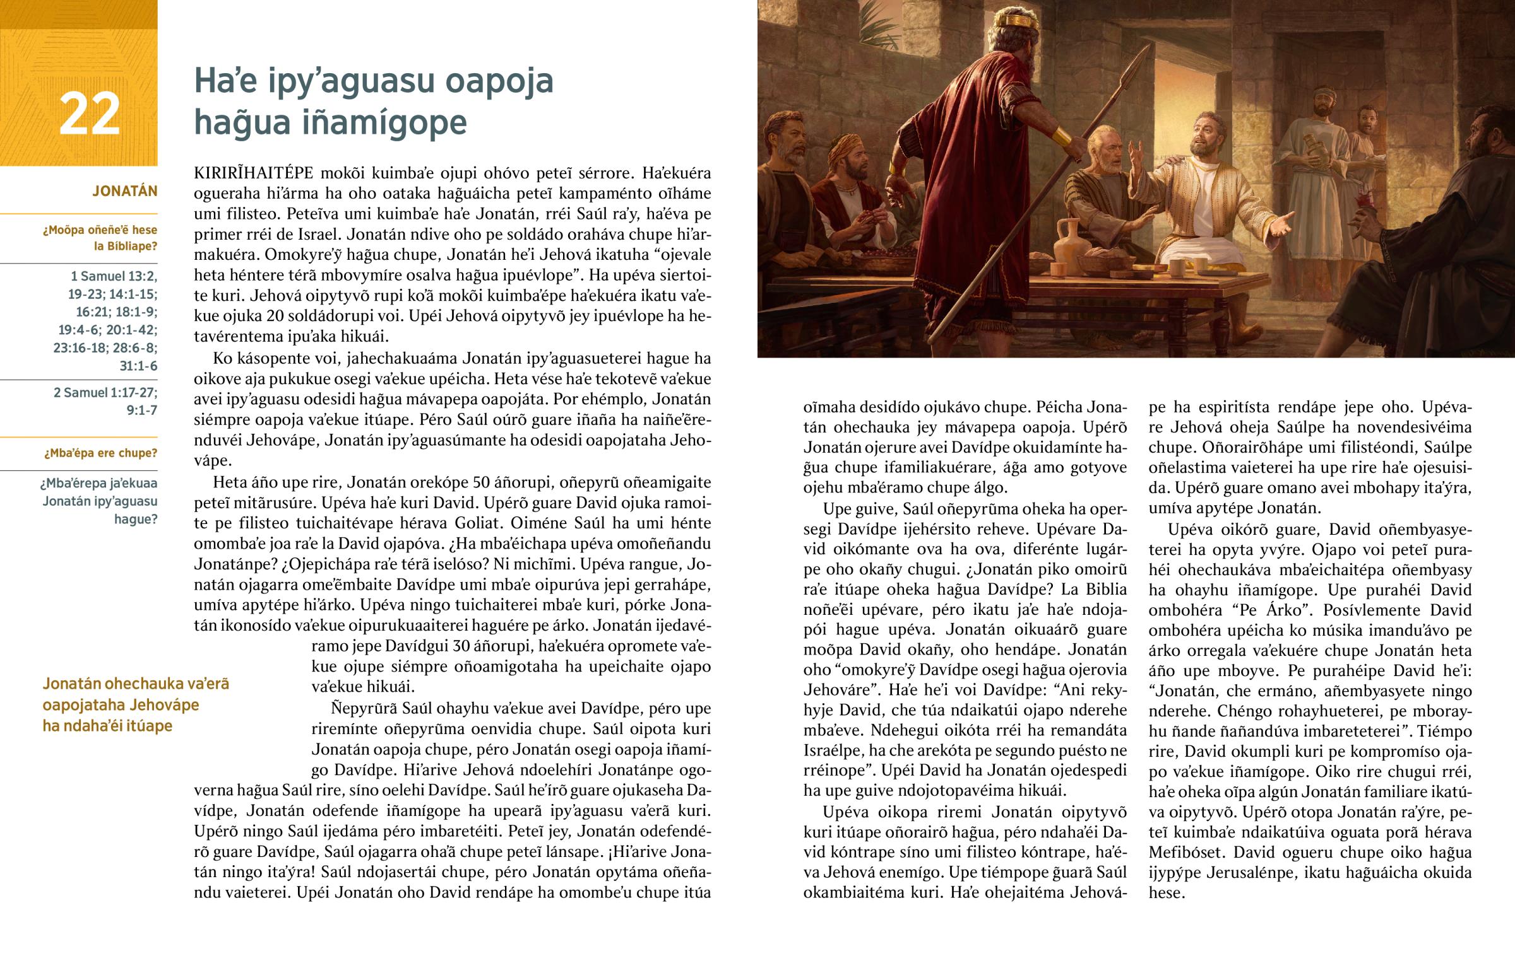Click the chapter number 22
[x=89, y=114]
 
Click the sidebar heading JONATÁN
[x=124, y=191]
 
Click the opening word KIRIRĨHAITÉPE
[x=254, y=173]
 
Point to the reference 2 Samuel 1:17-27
[x=105, y=392]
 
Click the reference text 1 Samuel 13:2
[x=114, y=276]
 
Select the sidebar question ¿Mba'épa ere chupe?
[x=100, y=453]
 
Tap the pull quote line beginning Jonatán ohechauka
[x=136, y=684]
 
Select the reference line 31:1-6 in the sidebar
[x=138, y=366]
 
